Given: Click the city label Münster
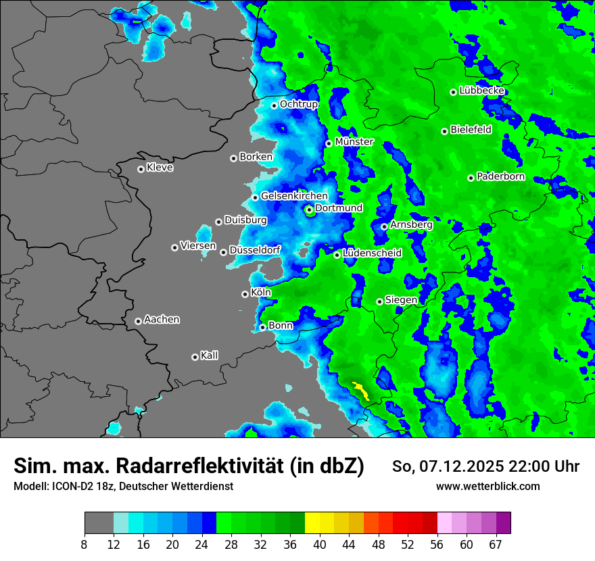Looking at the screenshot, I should pos(354,142).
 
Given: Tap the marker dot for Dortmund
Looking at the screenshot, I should pos(309,210).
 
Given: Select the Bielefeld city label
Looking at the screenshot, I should pos(471,130).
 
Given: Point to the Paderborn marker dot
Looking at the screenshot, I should pos(471,178).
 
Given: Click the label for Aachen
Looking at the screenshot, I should pos(162,320).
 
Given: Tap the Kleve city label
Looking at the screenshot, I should pos(160,168).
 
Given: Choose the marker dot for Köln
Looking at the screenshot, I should pos(245,294).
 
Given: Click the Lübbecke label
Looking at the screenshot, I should pos(482,91).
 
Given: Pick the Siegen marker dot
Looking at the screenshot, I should pos(379,301).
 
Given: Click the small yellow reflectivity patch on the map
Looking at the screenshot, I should pos(360,389).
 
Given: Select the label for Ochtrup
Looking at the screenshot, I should pos(299,104).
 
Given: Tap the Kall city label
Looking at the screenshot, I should pos(210,356).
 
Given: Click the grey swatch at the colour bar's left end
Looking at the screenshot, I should pos(99,523).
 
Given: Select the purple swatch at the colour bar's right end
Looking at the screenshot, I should pos(503,523).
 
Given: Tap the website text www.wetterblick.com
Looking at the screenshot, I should pos(488,486).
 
